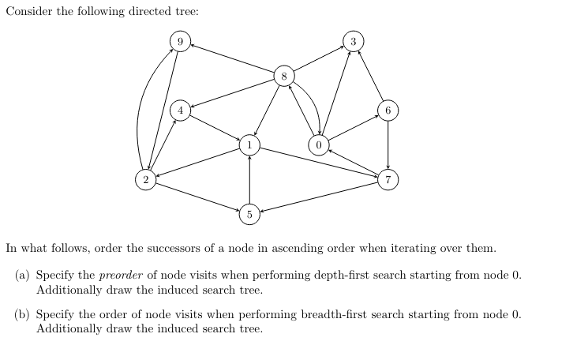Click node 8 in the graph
tap(284, 77)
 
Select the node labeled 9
tap(181, 41)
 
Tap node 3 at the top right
tap(353, 41)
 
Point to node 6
tap(388, 111)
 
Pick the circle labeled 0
tap(318, 145)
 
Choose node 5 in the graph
tap(249, 214)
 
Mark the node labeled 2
tap(145, 180)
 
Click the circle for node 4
tap(181, 111)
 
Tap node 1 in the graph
tap(249, 145)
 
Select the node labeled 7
tap(388, 180)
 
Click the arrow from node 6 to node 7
tap(388, 145)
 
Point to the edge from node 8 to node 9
tap(233, 59)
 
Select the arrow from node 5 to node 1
tap(249, 180)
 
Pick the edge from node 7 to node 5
tap(319, 197)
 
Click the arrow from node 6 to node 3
tap(370, 76)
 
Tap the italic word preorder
tap(122, 276)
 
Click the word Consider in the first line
tap(29, 13)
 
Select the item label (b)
tap(24, 314)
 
